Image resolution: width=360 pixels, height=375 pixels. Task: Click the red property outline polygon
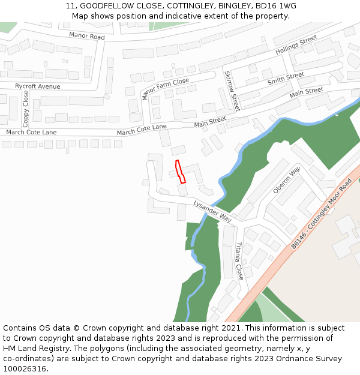click(179, 172)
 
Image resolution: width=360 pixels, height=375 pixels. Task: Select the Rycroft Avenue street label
click(38, 86)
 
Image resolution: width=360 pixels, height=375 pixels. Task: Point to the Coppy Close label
click(26, 108)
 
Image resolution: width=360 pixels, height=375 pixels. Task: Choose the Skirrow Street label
click(232, 91)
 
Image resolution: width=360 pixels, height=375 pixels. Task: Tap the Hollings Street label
click(296, 46)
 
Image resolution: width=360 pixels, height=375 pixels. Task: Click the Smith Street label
click(286, 79)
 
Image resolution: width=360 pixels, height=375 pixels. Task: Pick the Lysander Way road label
click(212, 211)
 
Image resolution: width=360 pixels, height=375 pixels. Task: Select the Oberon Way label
click(286, 180)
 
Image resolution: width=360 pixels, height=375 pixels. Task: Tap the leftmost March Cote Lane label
click(31, 132)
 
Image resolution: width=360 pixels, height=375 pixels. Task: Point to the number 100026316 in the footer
click(23, 369)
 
